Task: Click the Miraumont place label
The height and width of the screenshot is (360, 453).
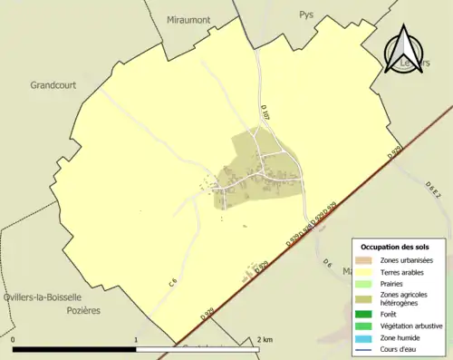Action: (x=188, y=20)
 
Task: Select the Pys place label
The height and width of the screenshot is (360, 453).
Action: (x=305, y=15)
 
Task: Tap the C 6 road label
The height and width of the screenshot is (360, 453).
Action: (x=171, y=283)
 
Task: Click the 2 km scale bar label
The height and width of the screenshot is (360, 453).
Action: (x=265, y=340)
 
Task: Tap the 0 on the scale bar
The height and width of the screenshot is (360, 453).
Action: (x=14, y=340)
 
